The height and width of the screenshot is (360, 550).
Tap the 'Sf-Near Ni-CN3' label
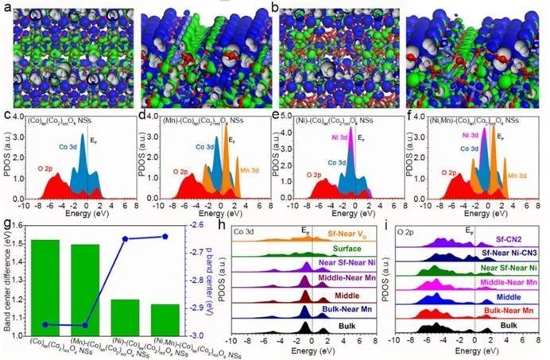pyautogui.click(x=506, y=252)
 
